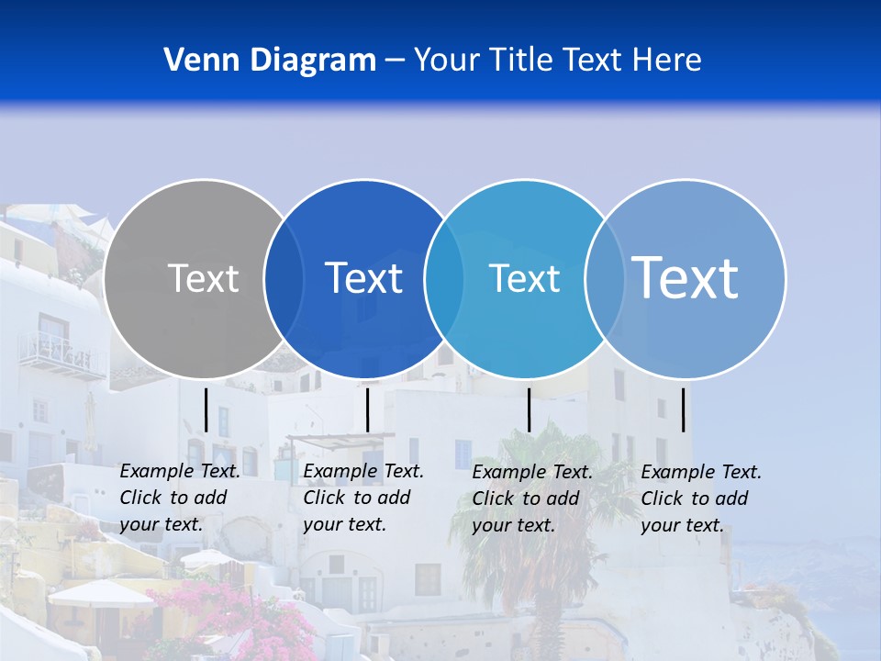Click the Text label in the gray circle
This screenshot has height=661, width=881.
click(203, 278)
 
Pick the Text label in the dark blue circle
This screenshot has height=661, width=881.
click(364, 278)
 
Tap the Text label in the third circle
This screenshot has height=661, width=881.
click(524, 278)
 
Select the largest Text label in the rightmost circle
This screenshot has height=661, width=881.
click(686, 277)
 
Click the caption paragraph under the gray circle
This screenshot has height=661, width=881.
click(179, 498)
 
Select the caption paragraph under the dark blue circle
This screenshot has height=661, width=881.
click(362, 498)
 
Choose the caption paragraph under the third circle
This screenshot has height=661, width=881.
click(532, 499)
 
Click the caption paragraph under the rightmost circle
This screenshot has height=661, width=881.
click(701, 499)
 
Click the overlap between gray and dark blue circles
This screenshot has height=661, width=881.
click(284, 278)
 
